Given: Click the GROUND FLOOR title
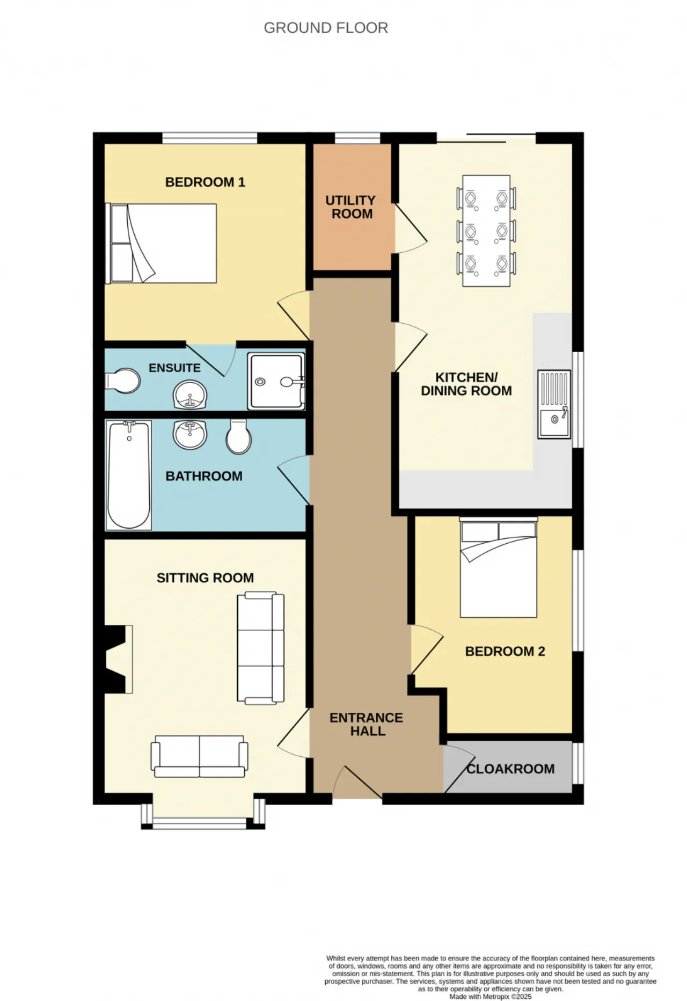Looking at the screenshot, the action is tap(326, 27).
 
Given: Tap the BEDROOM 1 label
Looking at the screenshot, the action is tap(205, 182).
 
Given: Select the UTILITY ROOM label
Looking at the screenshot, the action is tap(351, 207).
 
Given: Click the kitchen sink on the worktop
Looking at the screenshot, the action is tap(554, 404).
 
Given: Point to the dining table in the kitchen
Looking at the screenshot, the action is tap(486, 231).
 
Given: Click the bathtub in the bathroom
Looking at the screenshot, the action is tap(129, 475).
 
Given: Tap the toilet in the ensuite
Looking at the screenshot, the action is tap(123, 381).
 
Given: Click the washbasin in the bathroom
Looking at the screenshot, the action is tap(190, 434).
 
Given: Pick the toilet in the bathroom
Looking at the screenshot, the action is tap(239, 436).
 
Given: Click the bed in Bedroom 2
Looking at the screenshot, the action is tap(499, 567).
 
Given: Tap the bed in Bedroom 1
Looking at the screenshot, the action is tap(161, 243).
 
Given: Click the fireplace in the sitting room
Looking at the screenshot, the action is tap(119, 659).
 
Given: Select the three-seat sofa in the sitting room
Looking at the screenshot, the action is tap(261, 648).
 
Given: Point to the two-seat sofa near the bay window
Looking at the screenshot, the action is tap(200, 756).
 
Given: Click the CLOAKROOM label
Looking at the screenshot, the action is tap(510, 769).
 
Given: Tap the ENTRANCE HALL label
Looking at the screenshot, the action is tap(367, 724).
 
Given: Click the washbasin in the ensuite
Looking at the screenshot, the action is tap(190, 394).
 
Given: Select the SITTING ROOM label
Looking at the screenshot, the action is tap(205, 578).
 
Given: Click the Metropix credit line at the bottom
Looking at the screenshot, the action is tap(491, 996).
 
